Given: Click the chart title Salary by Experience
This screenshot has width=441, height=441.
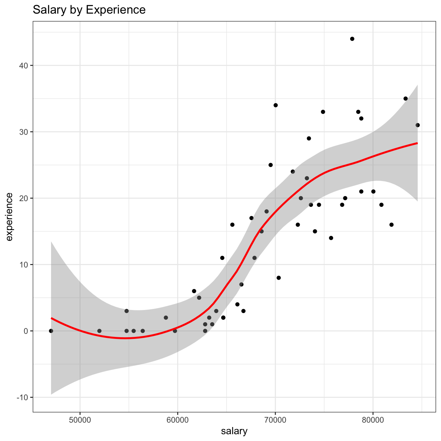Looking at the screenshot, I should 89,10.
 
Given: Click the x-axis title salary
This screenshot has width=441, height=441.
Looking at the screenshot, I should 234,431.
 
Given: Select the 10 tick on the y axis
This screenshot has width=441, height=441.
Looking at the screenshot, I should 24,265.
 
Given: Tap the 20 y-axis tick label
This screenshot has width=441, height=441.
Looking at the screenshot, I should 24,198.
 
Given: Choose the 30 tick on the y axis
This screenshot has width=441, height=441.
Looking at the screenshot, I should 24,132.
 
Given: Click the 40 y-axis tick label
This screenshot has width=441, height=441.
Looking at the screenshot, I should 24,66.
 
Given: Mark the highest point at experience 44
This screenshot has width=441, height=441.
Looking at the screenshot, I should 352,39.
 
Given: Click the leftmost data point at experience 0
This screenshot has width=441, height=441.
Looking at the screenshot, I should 51,331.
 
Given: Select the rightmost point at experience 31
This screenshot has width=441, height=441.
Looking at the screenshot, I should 418,125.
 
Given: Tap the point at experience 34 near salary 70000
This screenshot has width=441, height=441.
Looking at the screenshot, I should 276,105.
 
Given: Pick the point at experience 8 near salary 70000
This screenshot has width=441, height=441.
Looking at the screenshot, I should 279,278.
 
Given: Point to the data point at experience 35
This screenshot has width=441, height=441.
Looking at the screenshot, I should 406,99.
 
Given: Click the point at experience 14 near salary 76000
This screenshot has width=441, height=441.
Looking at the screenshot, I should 331,238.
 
